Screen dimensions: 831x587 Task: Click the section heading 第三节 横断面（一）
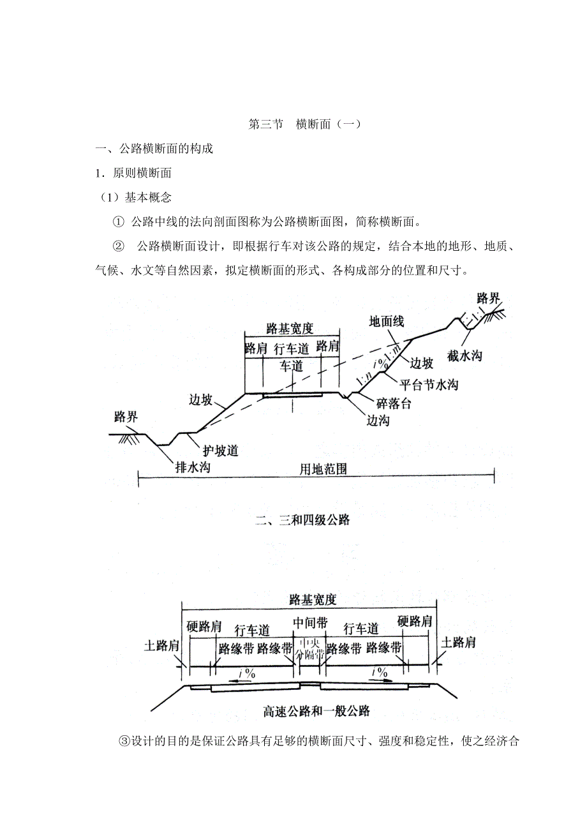304,124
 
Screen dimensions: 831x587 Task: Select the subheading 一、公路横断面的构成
154,149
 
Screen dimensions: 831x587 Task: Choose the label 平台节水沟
428,384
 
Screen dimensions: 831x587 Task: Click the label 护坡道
220,451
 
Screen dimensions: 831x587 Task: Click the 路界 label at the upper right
489,298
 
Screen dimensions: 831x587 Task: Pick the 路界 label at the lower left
126,417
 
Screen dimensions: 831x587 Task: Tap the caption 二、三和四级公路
302,520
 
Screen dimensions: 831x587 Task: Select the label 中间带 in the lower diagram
310,621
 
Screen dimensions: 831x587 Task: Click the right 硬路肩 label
415,621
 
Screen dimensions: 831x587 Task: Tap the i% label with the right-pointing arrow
381,673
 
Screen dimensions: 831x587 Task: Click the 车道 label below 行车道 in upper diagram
291,366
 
